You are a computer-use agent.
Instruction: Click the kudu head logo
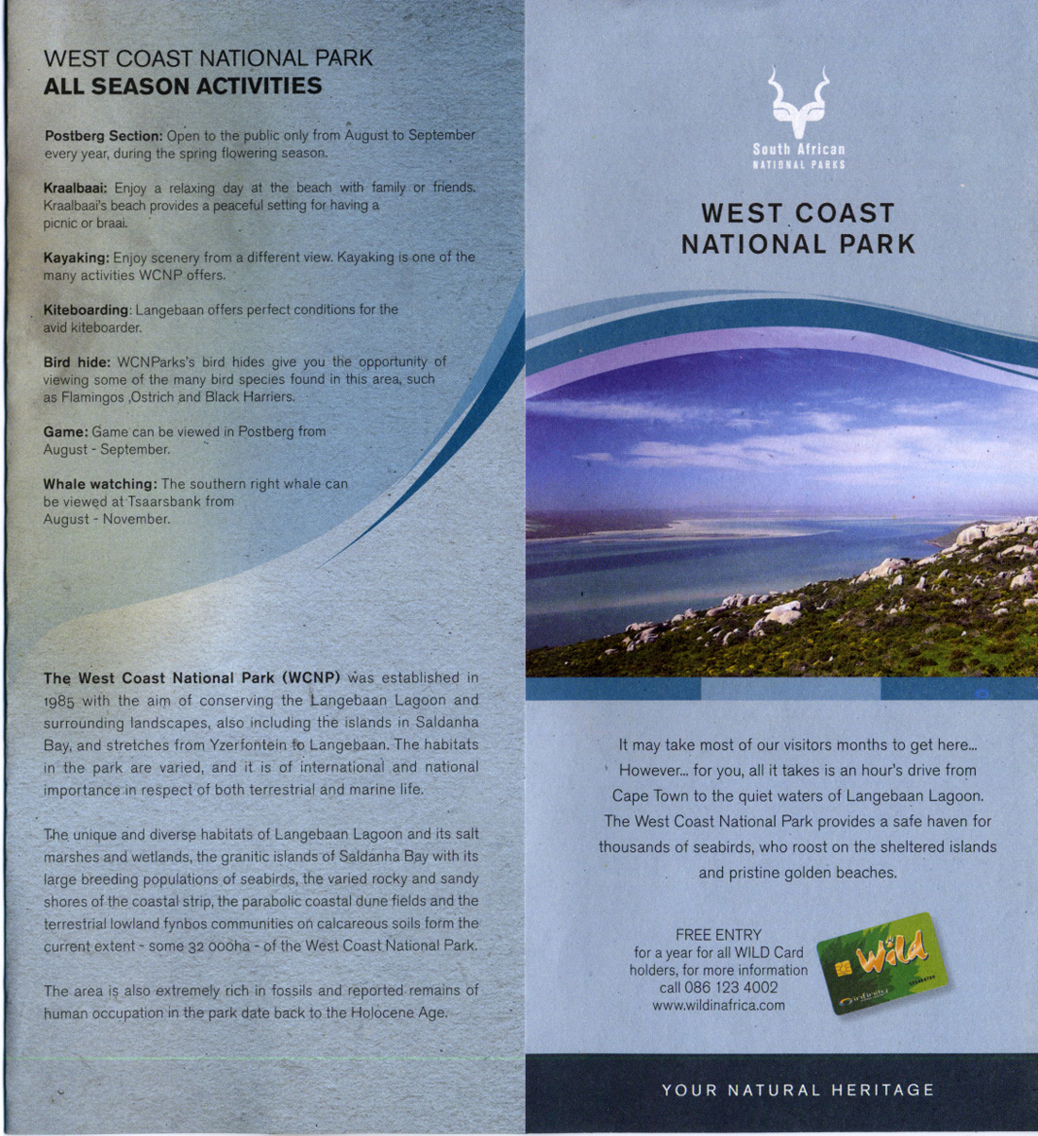pyautogui.click(x=798, y=101)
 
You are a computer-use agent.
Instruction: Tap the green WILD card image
pyautogui.click(x=882, y=963)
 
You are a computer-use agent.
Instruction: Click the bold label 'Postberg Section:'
pyautogui.click(x=104, y=136)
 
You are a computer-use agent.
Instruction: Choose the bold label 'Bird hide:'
pyautogui.click(x=77, y=362)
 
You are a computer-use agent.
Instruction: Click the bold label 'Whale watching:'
pyautogui.click(x=100, y=484)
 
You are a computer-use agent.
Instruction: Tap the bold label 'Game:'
pyautogui.click(x=65, y=432)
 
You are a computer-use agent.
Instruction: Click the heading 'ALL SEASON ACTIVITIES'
pyautogui.click(x=183, y=87)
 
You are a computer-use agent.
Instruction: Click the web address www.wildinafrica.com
pyautogui.click(x=718, y=1005)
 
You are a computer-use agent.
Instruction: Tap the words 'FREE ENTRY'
pyautogui.click(x=718, y=935)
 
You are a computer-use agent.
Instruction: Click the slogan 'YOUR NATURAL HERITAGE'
pyautogui.click(x=797, y=1091)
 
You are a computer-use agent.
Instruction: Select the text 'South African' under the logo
pyautogui.click(x=798, y=149)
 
